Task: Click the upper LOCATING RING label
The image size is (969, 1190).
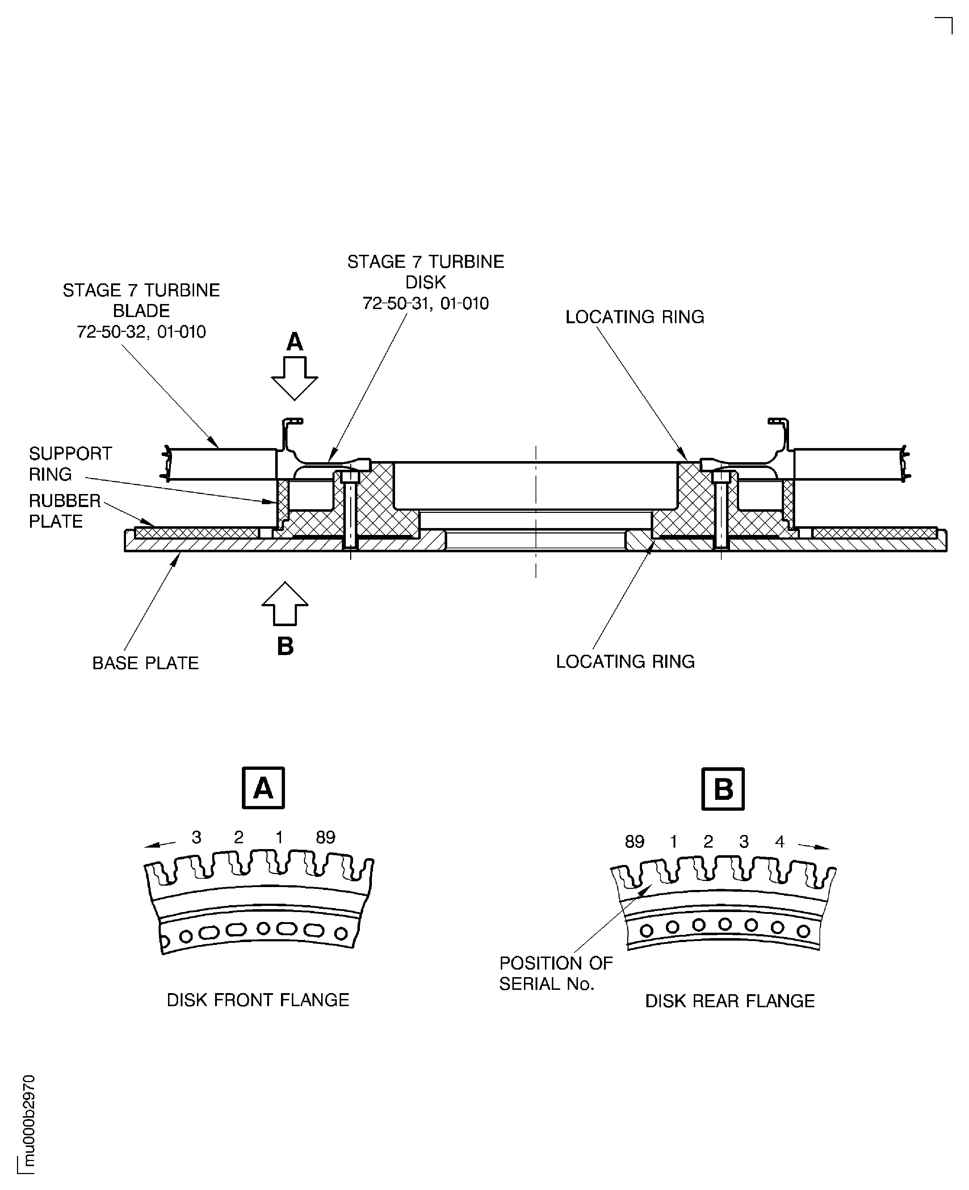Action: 635,317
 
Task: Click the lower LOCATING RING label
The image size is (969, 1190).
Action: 625,661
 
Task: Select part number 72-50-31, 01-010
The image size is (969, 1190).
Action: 425,304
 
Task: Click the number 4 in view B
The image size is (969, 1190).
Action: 780,841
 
